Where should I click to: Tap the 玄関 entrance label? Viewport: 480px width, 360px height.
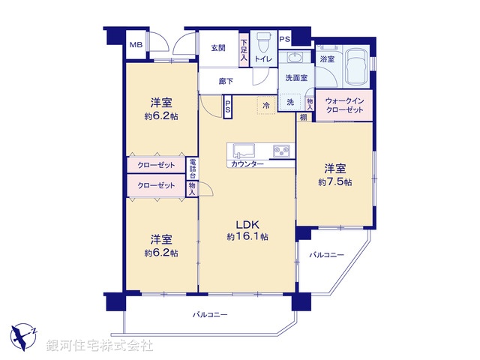(217, 48)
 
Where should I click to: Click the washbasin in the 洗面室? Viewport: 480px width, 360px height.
(293, 59)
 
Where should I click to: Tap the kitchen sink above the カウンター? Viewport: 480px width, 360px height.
(246, 149)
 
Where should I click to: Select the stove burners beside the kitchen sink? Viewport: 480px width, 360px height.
(281, 150)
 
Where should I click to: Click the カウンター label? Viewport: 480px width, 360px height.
(247, 163)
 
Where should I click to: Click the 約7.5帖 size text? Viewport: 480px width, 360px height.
(335, 182)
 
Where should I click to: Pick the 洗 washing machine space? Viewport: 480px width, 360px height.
(290, 103)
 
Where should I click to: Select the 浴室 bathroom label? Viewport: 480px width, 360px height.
(328, 58)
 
